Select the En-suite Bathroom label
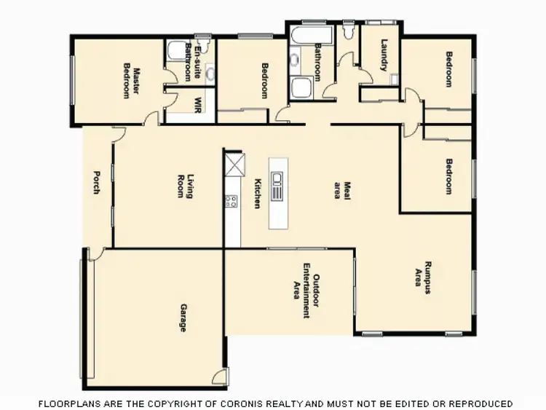tap(191, 60)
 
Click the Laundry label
tap(384, 55)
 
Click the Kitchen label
tap(257, 194)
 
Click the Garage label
tap(182, 318)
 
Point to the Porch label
tap(96, 182)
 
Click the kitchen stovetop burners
tap(232, 201)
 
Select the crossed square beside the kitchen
tap(234, 163)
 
